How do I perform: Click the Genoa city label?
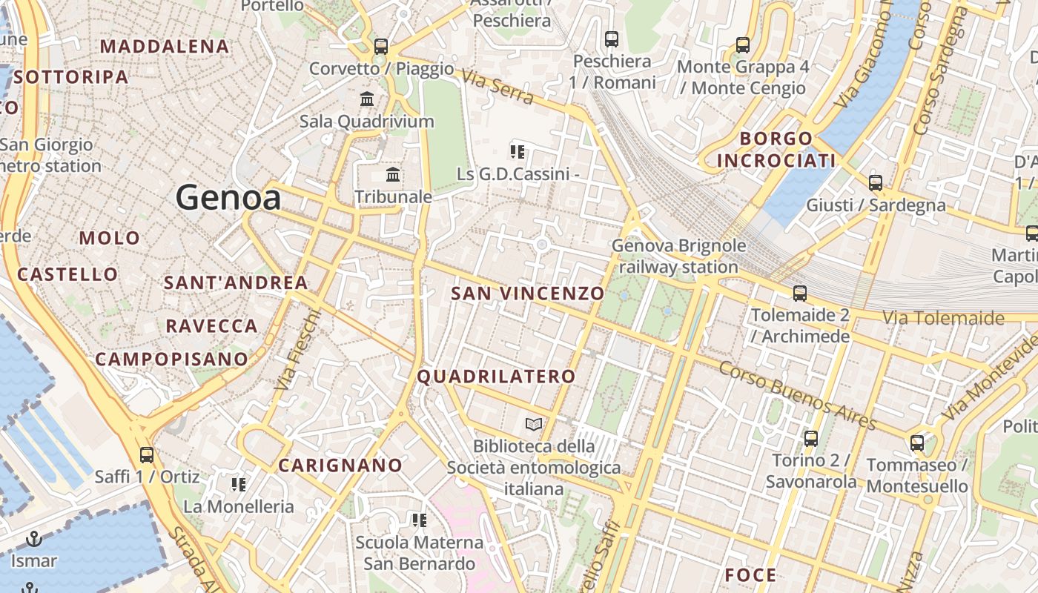pyautogui.click(x=228, y=198)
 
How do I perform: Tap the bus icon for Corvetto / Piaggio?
pyautogui.click(x=381, y=47)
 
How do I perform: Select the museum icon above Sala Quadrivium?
pyautogui.click(x=367, y=99)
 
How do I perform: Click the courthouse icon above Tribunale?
pyautogui.click(x=393, y=175)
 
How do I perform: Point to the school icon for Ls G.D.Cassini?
pyautogui.click(x=518, y=152)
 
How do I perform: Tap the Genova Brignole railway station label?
pyautogui.click(x=678, y=256)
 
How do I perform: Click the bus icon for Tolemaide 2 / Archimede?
pyautogui.click(x=800, y=294)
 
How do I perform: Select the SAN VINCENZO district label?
pyautogui.click(x=528, y=294)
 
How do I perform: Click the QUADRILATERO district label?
pyautogui.click(x=496, y=377)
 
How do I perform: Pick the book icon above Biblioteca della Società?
pyautogui.click(x=534, y=425)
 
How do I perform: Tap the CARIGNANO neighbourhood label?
pyautogui.click(x=340, y=466)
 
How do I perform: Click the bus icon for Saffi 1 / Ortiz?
pyautogui.click(x=147, y=455)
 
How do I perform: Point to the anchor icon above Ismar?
pyautogui.click(x=33, y=539)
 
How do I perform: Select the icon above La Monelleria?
pyautogui.click(x=239, y=485)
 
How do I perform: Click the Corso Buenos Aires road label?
pyautogui.click(x=798, y=396)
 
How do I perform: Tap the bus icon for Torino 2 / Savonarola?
pyautogui.click(x=811, y=439)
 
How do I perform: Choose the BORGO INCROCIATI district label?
pyautogui.click(x=776, y=150)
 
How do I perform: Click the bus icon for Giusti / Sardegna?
pyautogui.click(x=876, y=183)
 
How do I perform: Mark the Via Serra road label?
pyautogui.click(x=497, y=87)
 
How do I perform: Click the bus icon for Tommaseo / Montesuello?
pyautogui.click(x=917, y=443)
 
